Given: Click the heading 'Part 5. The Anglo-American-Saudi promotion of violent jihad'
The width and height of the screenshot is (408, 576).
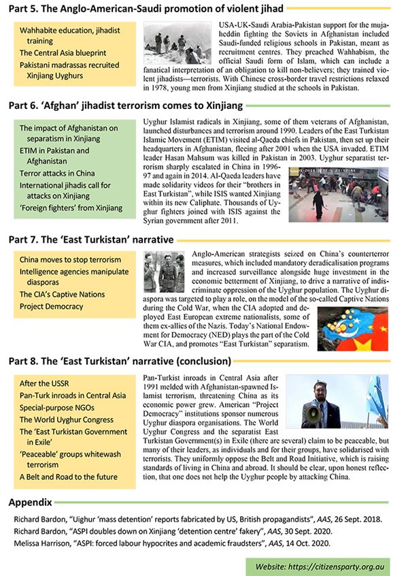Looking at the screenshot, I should click(146, 10).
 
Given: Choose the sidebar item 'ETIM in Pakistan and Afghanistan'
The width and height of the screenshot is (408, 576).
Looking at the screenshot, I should click(54, 156).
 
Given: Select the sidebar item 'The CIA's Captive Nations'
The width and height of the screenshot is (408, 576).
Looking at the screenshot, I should click(62, 294).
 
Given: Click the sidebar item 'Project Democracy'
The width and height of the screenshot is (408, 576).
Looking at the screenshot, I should click(52, 306).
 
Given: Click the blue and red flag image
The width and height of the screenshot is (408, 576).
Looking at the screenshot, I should click(352, 328).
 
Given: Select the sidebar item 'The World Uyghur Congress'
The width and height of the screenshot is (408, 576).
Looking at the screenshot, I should click(67, 420).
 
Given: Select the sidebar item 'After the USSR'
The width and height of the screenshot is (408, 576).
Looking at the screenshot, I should click(45, 383).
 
